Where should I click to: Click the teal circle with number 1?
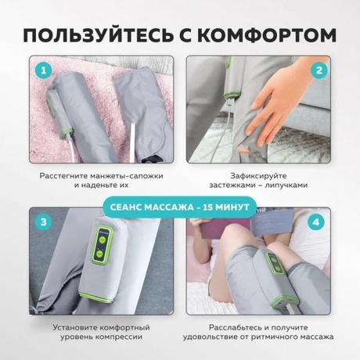point(43,70)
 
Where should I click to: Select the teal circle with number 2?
point(319,70)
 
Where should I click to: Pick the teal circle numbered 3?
point(43,222)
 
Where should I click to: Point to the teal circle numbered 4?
point(316,222)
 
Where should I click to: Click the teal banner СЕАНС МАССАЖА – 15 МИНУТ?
point(180,207)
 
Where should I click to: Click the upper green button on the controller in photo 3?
point(103,239)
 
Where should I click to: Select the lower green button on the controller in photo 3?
point(99,254)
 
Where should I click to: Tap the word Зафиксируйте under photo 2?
point(258,175)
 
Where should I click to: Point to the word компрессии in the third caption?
point(119,337)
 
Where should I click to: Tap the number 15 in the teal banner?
point(208,207)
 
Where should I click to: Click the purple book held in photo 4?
point(221,227)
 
